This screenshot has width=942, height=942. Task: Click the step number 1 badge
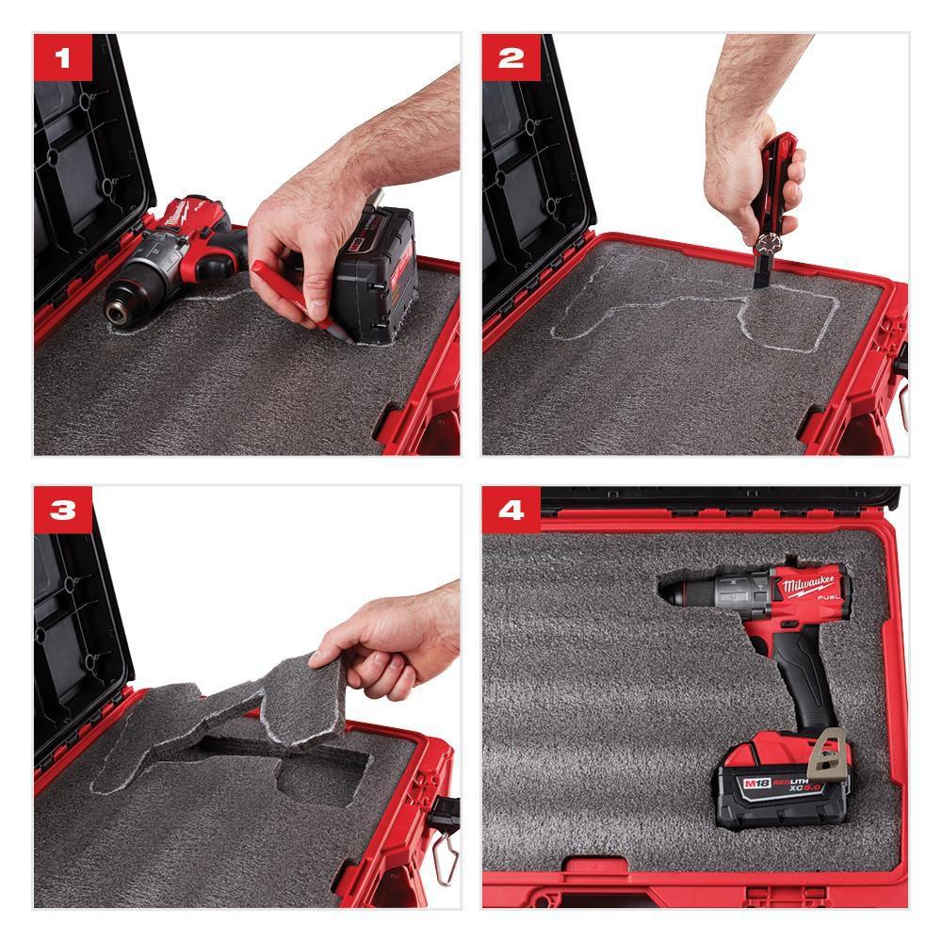[x=63, y=57]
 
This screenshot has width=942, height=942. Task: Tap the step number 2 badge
[x=512, y=57]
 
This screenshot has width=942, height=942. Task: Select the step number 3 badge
[x=63, y=510]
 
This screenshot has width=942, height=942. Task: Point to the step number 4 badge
[x=512, y=510]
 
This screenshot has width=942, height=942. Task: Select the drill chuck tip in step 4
[x=672, y=593]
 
